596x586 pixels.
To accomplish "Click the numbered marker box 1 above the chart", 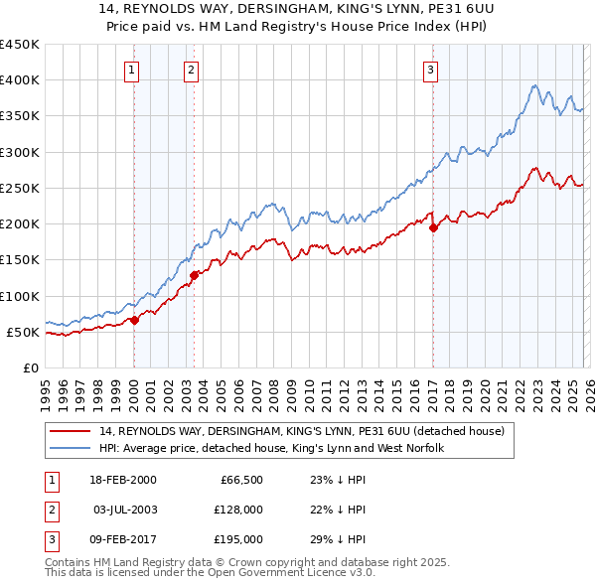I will click(x=132, y=70).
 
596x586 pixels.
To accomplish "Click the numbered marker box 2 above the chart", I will click(x=191, y=70).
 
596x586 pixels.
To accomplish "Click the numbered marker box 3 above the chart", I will click(x=430, y=70).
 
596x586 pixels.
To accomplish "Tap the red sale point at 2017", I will click(x=433, y=227).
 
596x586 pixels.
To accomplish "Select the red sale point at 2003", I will click(x=194, y=275).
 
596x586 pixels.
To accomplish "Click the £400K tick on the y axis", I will click(x=20, y=80).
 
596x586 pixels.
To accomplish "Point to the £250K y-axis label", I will click(x=20, y=188).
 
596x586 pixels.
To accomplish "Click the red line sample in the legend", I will click(x=71, y=432).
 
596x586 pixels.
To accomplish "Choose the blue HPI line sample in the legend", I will click(x=71, y=449).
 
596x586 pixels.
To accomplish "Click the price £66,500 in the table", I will click(x=240, y=480).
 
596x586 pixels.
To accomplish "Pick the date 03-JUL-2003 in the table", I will click(x=125, y=510).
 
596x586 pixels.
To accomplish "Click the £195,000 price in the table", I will click(x=238, y=539).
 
